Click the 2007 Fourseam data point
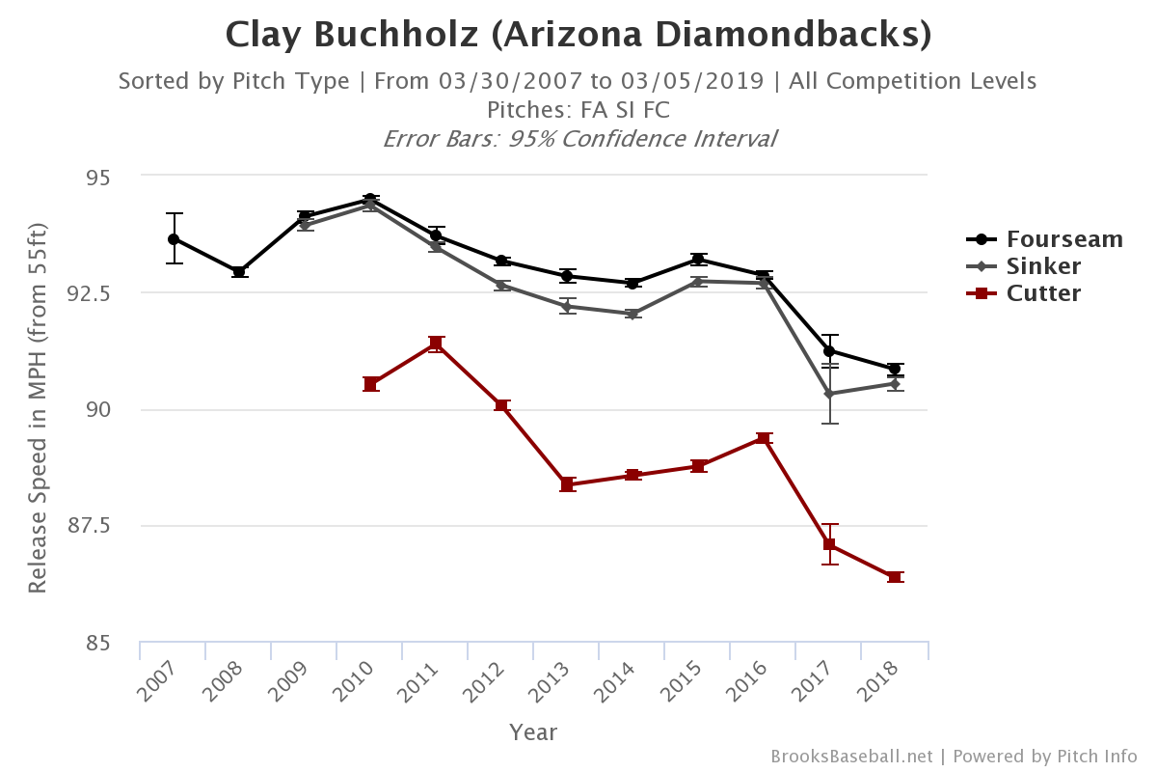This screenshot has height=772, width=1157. click(174, 238)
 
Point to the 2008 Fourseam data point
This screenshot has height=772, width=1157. click(239, 272)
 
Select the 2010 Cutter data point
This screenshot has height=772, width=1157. click(370, 384)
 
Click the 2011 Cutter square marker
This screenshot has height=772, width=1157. click(436, 343)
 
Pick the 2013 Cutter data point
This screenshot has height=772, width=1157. click(567, 484)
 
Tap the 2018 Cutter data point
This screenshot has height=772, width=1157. click(895, 577)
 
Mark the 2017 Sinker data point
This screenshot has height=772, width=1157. click(829, 394)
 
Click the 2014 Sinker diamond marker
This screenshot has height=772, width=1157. click(632, 314)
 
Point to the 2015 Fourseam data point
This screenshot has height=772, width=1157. click(698, 259)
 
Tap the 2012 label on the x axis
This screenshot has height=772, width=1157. click(488, 682)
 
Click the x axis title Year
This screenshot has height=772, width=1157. click(533, 732)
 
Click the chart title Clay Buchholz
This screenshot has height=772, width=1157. click(578, 36)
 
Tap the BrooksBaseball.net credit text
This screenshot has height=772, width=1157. click(851, 756)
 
